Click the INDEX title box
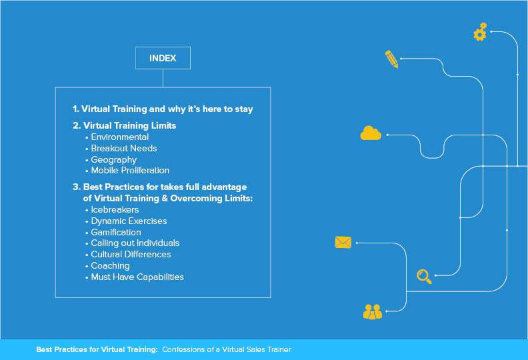(x=163, y=58)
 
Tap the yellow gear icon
(x=480, y=32)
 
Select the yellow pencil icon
(x=391, y=59)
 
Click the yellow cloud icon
(x=371, y=133)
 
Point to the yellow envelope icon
(x=343, y=242)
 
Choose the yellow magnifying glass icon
(x=424, y=277)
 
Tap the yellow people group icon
(x=373, y=312)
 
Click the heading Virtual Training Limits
(x=129, y=125)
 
